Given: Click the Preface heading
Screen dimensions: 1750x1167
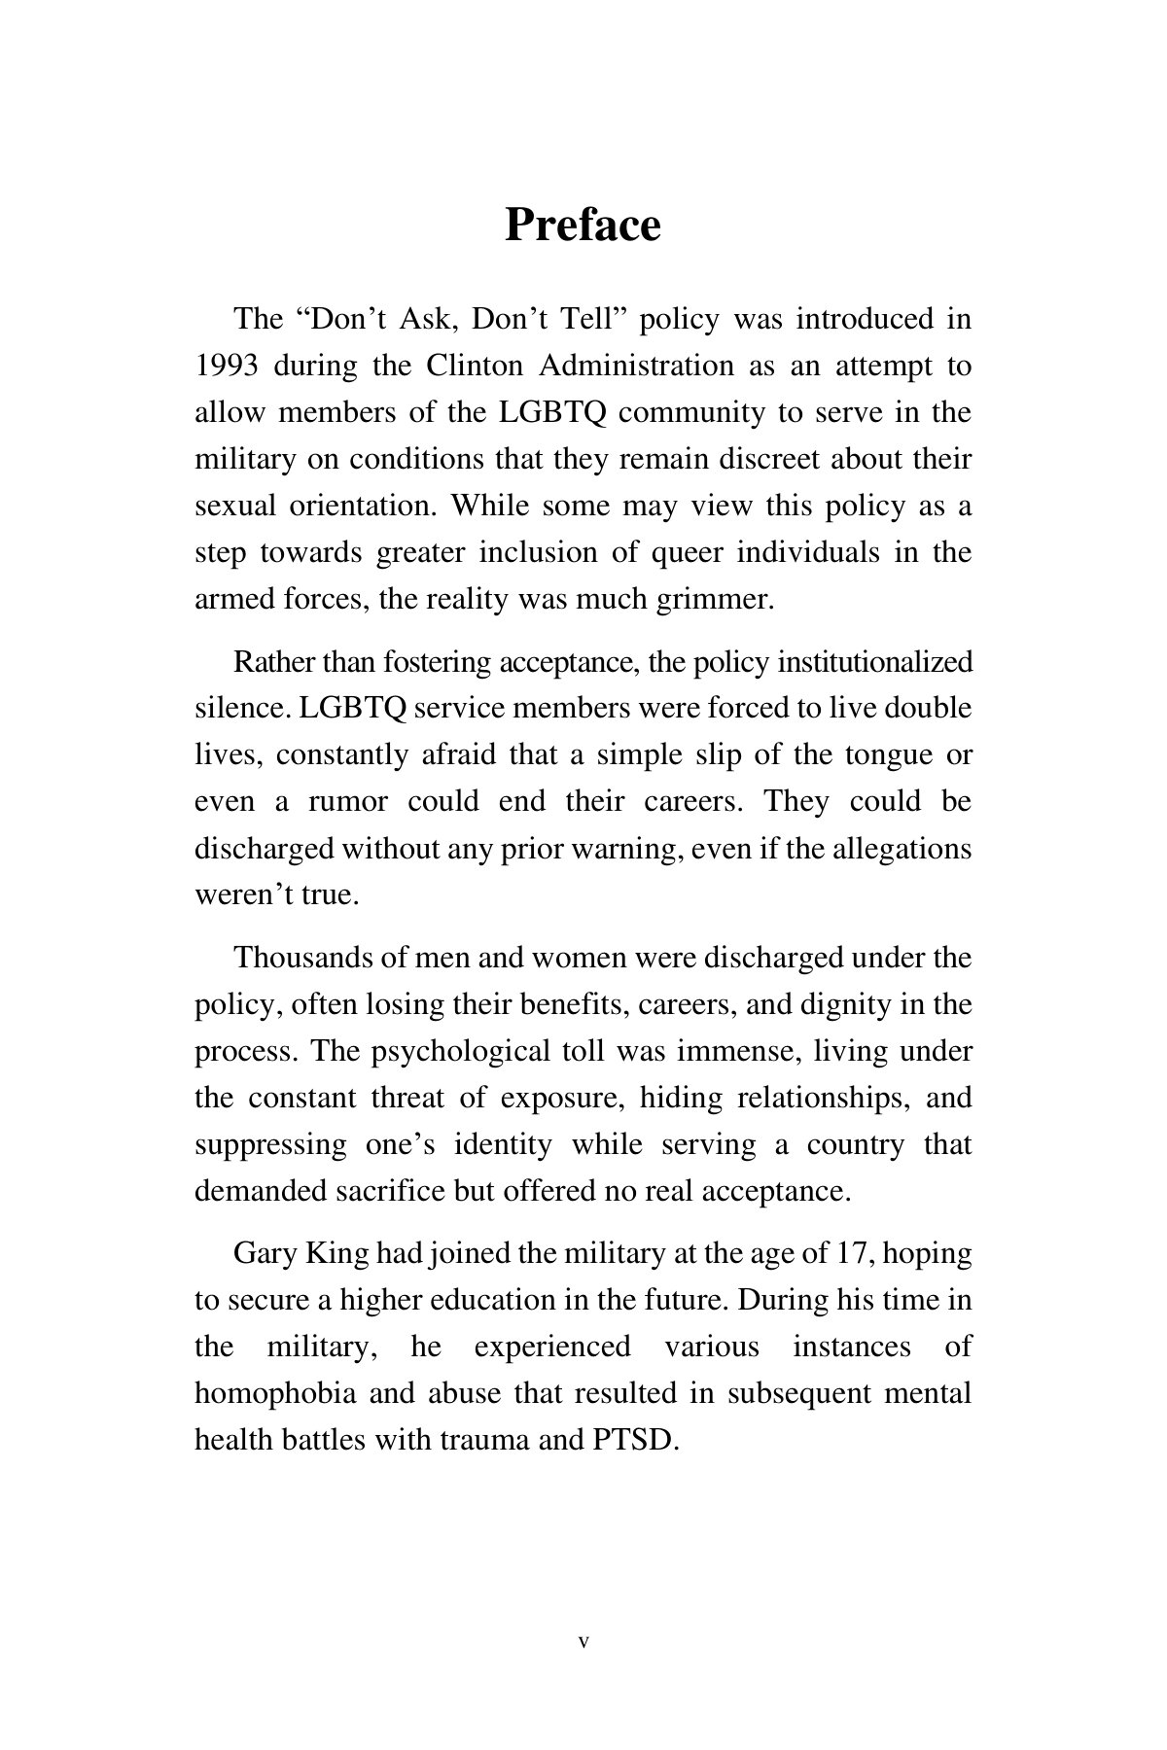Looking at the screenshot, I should pos(583,226).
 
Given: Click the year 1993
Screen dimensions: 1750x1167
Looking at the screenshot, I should pos(226,367).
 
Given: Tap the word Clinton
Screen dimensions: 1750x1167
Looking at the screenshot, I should pos(473,367).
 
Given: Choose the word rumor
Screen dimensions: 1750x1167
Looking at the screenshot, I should pos(347,802).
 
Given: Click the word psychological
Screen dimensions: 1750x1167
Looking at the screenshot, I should pos(460,1052).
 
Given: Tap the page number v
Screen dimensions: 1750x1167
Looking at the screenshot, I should pos(583,1642).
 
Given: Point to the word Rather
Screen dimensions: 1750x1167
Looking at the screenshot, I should pos(274,662).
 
